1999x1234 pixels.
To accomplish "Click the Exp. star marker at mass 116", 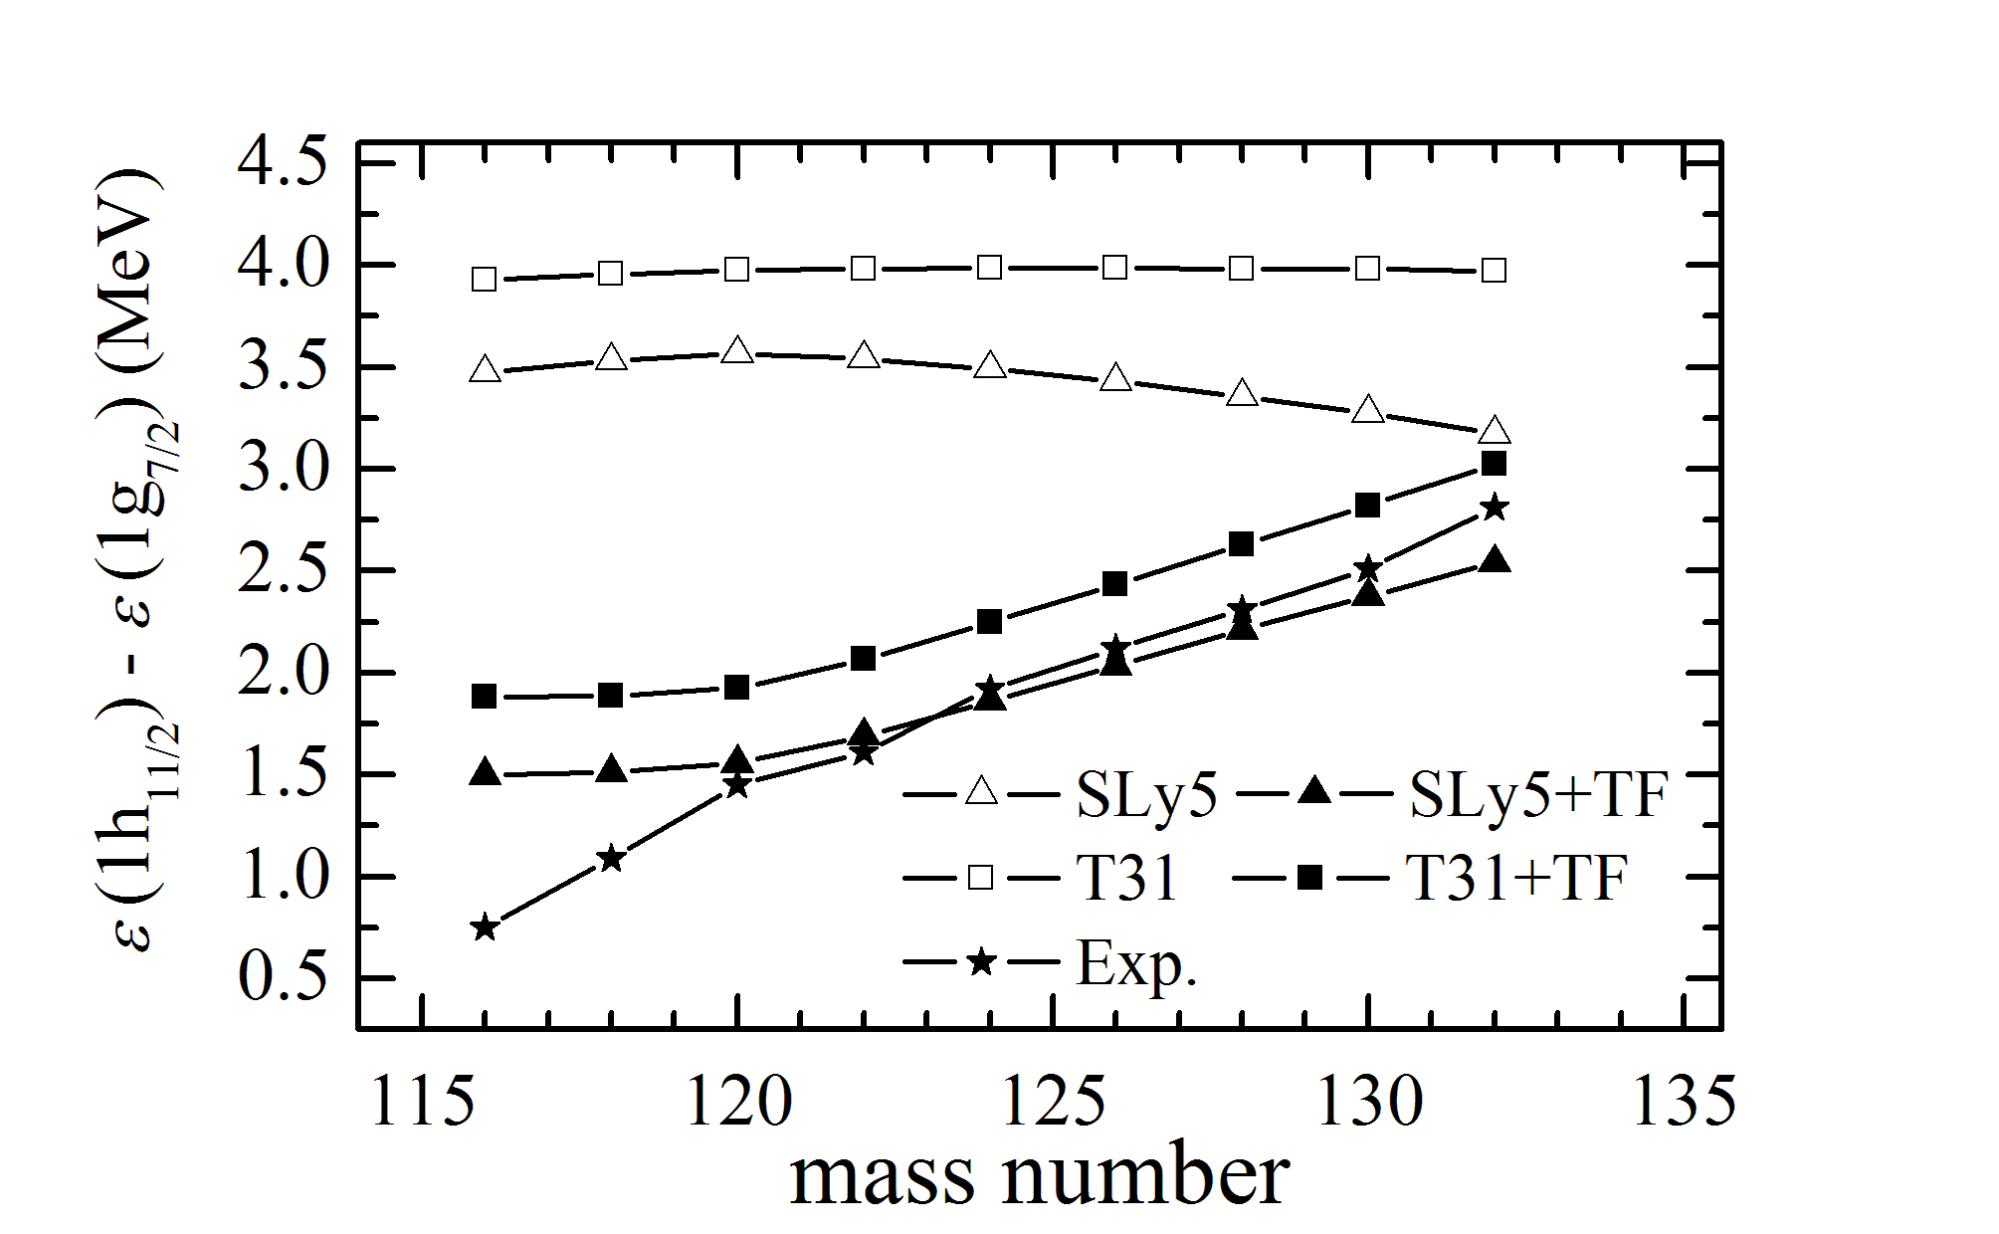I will [x=485, y=927].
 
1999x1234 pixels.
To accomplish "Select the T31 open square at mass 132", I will [x=1494, y=270].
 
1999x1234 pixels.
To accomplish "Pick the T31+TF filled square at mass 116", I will [x=485, y=696].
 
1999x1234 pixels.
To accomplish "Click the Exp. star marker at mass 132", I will [x=1494, y=508].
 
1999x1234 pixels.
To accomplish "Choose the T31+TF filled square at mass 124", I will [x=989, y=622].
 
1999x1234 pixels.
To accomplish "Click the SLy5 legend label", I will [x=1146, y=794].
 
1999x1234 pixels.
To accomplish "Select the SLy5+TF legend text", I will [x=1538, y=794].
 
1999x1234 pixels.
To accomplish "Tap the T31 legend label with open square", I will [x=1126, y=878].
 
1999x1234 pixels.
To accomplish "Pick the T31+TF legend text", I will [x=1516, y=878].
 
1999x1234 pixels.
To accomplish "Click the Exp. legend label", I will [x=1136, y=963].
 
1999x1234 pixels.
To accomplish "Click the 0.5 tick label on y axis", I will [x=283, y=977].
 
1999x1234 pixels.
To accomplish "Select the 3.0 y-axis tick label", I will [x=283, y=468].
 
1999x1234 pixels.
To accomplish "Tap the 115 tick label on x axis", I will [x=422, y=1102].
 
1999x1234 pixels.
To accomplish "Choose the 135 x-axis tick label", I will [x=1684, y=1102].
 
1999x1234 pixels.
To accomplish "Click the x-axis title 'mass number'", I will [x=1040, y=1176].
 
